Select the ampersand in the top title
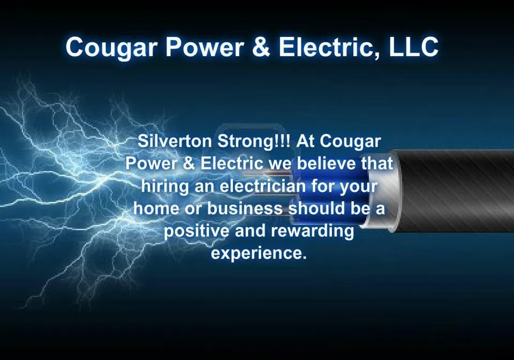click(260, 47)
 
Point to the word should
click(312, 208)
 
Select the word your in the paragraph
click(359, 187)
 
